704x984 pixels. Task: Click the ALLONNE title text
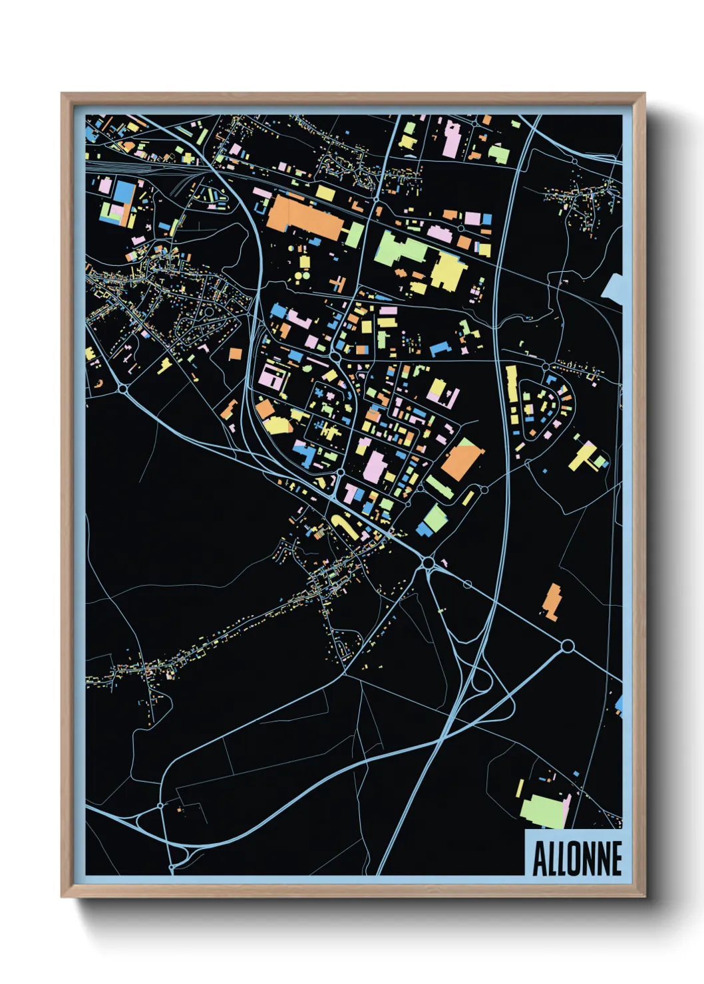click(x=577, y=858)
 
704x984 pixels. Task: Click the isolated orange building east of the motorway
click(x=551, y=602)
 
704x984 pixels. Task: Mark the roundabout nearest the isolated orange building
click(x=568, y=646)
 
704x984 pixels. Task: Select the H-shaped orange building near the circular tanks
click(x=338, y=284)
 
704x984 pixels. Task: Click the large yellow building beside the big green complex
click(x=448, y=271)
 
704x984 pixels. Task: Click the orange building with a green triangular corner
click(x=460, y=458)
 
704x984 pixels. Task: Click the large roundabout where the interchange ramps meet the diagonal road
click(x=428, y=563)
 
